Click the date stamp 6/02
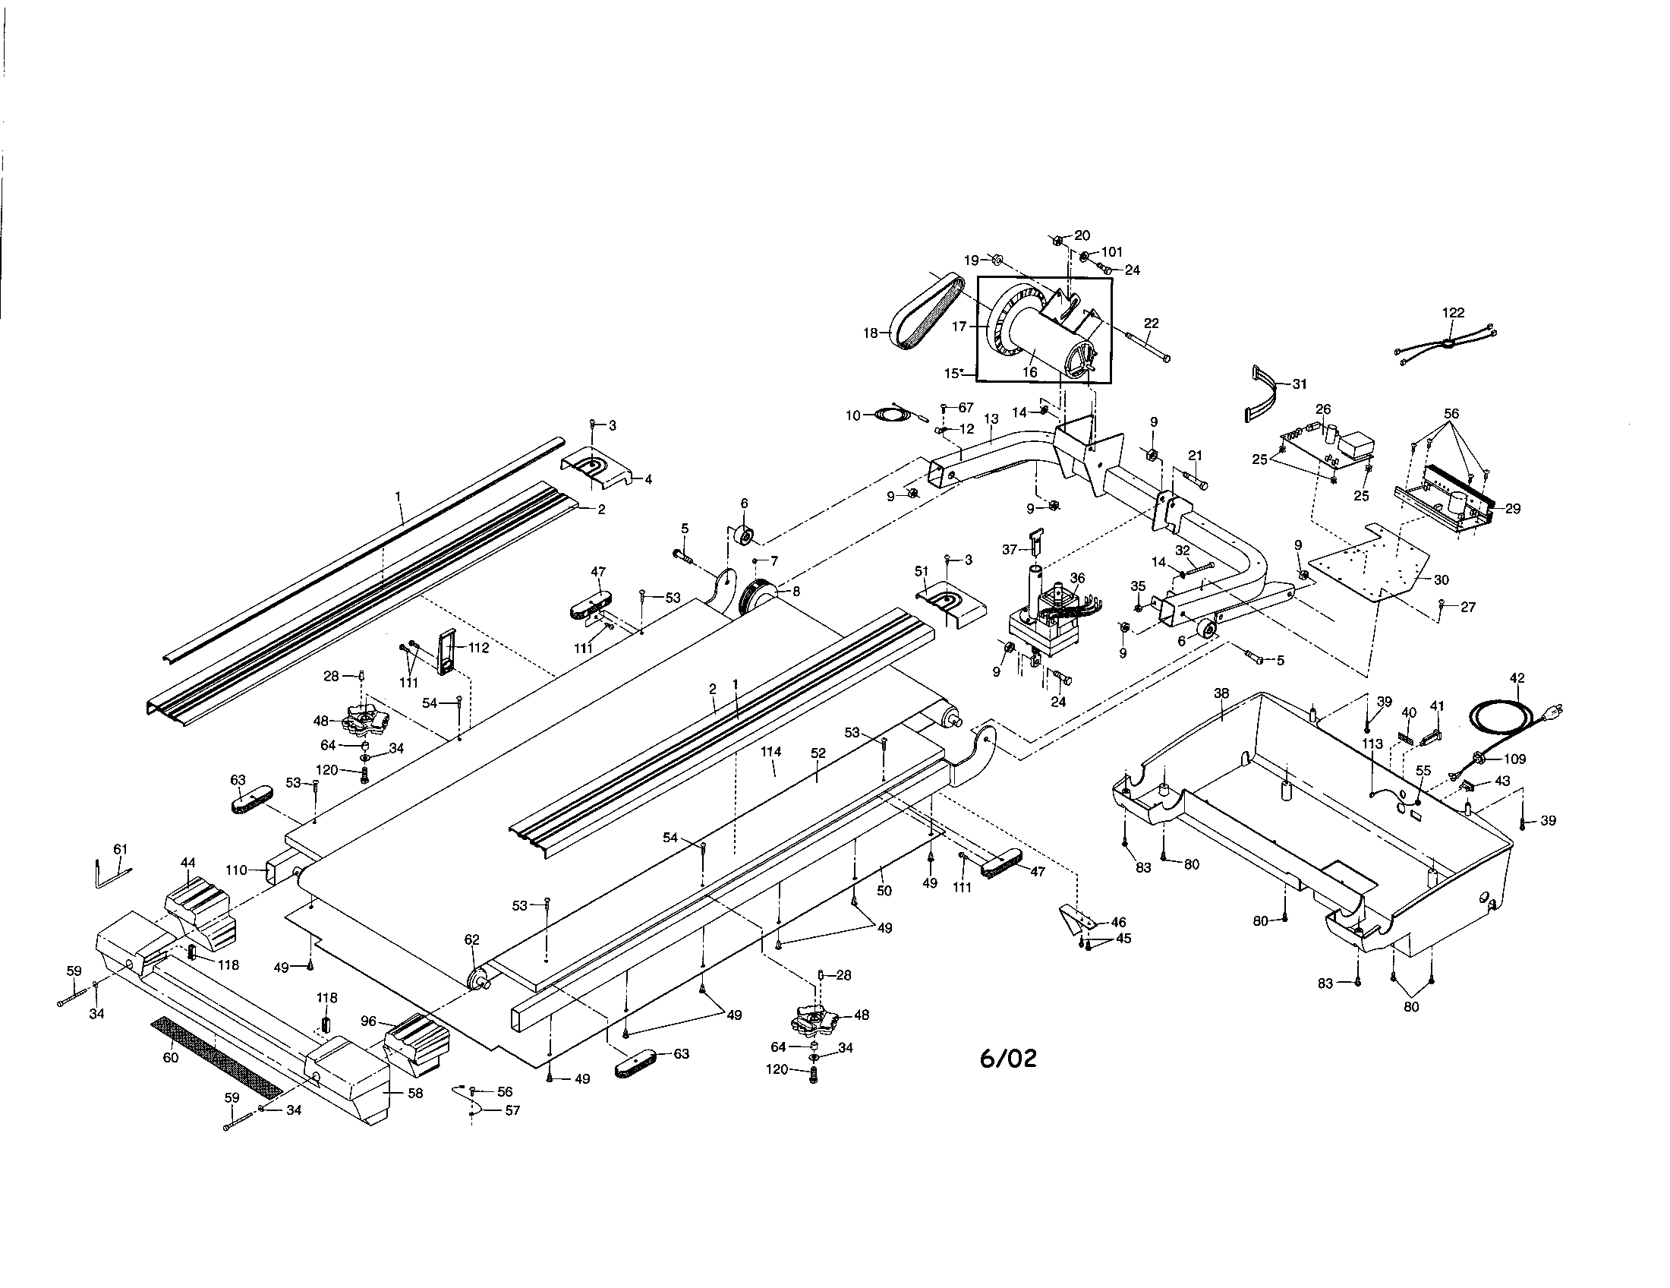tap(1009, 1058)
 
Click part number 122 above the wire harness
tap(1453, 312)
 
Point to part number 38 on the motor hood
tap(1221, 693)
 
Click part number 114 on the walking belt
tap(770, 752)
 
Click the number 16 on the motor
tap(1030, 372)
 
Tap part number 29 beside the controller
tap(1512, 508)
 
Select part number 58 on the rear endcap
tap(415, 1093)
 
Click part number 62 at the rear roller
tap(472, 939)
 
